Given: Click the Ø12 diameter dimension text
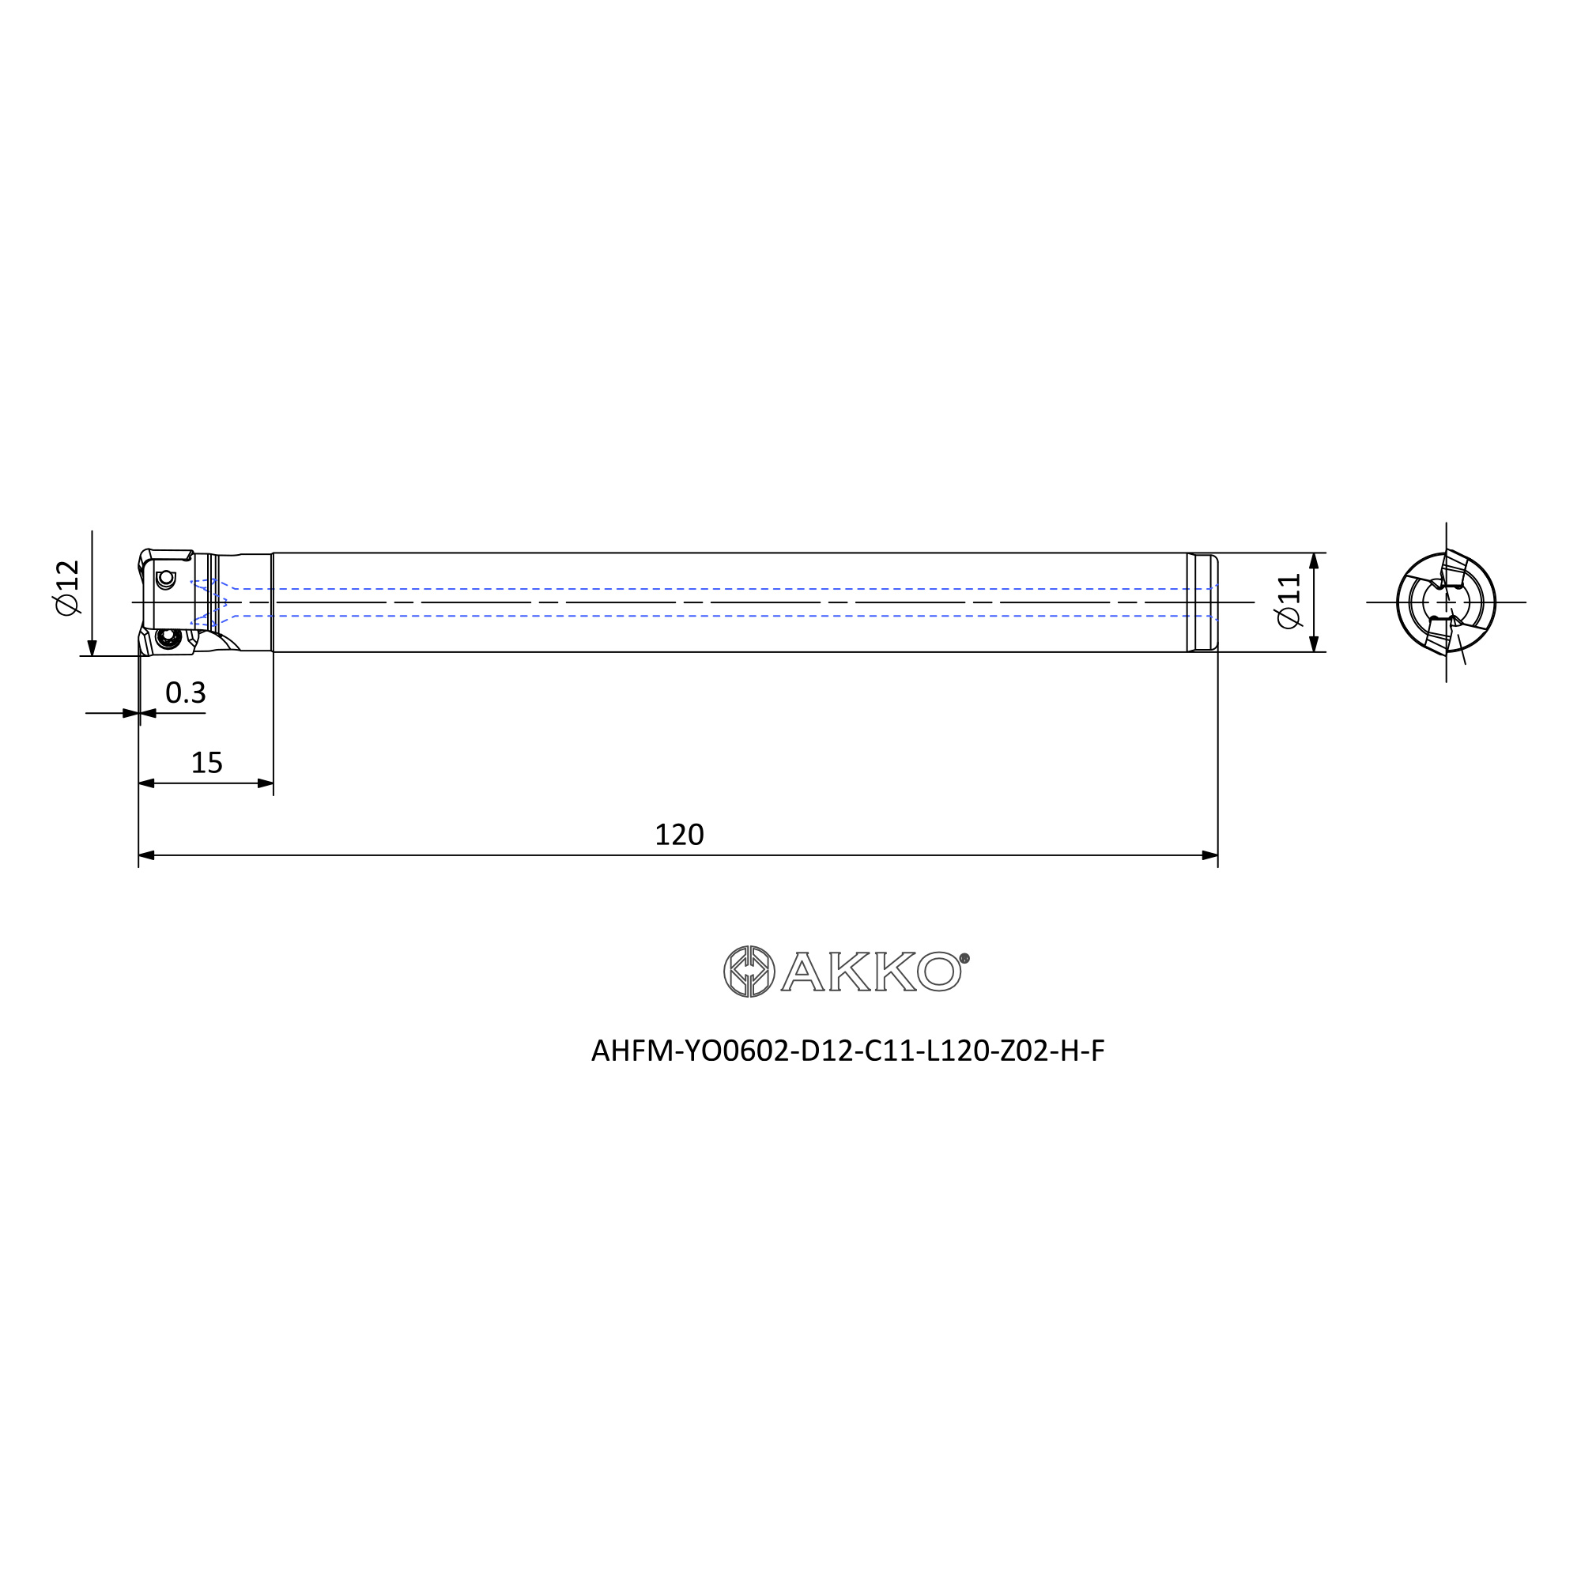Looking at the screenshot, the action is point(67,587).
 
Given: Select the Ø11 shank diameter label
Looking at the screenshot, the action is point(1289,602).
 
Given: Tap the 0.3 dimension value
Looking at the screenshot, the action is point(186,693).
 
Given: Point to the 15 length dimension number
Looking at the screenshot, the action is point(206,763).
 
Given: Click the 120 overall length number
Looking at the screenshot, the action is point(679,835).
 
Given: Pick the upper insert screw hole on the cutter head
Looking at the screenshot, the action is point(166,579).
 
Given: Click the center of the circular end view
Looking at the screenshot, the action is point(1446,602).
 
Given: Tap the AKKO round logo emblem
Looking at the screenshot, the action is point(749,972).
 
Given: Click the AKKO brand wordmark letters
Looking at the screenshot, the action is point(871,972).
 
